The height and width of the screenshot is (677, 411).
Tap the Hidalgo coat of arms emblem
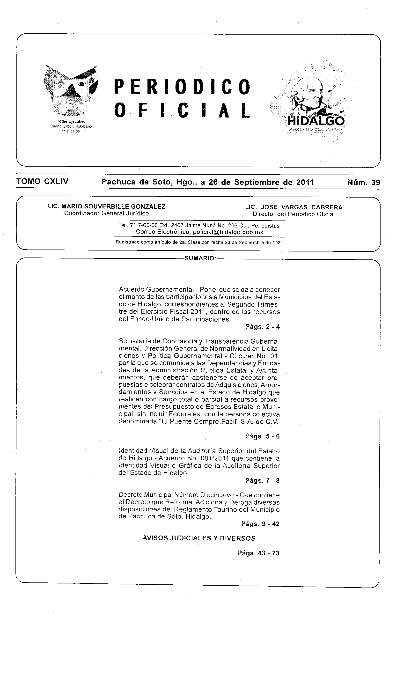click(71, 91)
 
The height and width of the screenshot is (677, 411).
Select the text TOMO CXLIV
click(42, 182)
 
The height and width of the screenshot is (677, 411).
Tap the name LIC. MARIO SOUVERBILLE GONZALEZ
click(107, 207)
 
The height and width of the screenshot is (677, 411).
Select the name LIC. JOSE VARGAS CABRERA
click(294, 207)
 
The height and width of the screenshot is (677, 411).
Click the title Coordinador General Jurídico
click(107, 213)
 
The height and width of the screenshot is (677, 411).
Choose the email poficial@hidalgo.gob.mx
click(228, 232)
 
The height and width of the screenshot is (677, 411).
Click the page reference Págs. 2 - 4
click(262, 327)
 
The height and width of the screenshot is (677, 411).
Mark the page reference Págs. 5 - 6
click(262, 436)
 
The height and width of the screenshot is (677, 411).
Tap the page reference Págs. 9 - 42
click(260, 524)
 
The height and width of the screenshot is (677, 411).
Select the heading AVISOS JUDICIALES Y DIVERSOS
click(199, 538)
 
